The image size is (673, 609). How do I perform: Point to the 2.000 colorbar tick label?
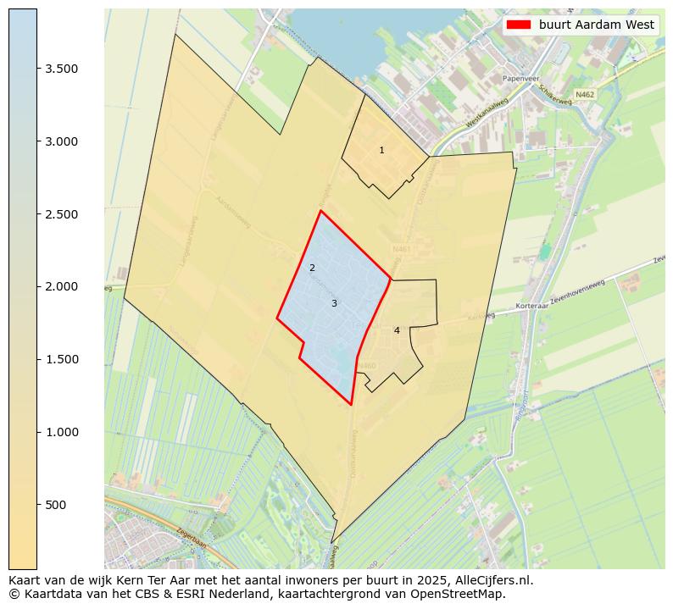click(62, 286)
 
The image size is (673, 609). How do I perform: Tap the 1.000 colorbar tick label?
click(62, 432)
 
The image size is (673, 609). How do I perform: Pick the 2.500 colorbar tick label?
click(62, 214)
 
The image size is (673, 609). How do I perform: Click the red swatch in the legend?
click(518, 25)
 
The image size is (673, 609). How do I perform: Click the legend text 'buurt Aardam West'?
click(596, 25)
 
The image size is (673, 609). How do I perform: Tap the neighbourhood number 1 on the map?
click(381, 150)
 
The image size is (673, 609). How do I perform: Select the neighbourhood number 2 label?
click(312, 268)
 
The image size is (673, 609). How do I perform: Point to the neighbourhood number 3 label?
click(334, 303)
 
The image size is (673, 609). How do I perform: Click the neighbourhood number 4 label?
click(397, 330)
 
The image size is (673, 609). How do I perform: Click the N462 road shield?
click(584, 95)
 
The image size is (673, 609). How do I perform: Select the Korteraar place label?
click(531, 307)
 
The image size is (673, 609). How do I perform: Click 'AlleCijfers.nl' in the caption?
click(495, 580)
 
